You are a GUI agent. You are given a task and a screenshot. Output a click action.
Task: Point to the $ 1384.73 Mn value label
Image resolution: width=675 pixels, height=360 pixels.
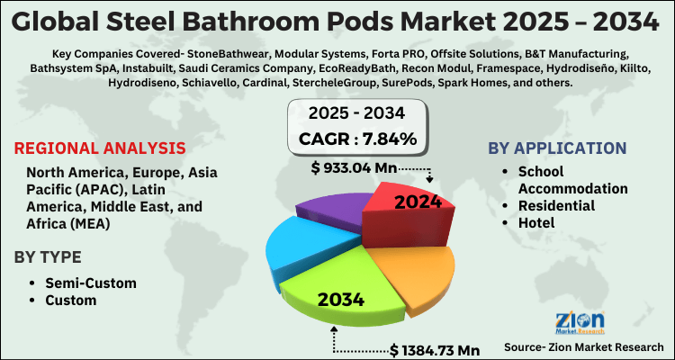tap(436, 348)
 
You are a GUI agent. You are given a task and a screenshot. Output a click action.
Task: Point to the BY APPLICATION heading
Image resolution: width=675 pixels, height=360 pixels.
tap(558, 148)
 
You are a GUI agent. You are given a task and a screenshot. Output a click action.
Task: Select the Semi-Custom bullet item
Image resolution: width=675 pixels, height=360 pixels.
tap(91, 283)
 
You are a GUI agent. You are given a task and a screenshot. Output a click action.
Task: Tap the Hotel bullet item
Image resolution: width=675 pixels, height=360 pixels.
tap(538, 223)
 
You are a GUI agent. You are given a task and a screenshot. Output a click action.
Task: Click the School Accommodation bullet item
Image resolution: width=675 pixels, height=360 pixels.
tap(572, 180)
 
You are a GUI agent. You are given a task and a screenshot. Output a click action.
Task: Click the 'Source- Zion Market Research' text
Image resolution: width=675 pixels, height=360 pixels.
tap(584, 346)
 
